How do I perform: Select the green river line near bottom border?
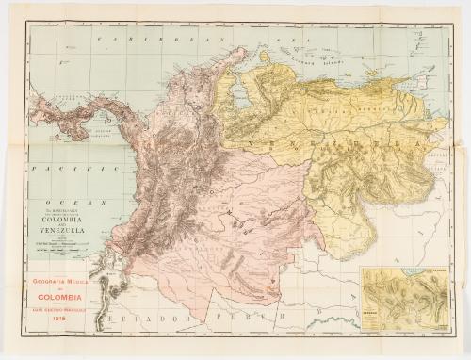coord(311,330)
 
